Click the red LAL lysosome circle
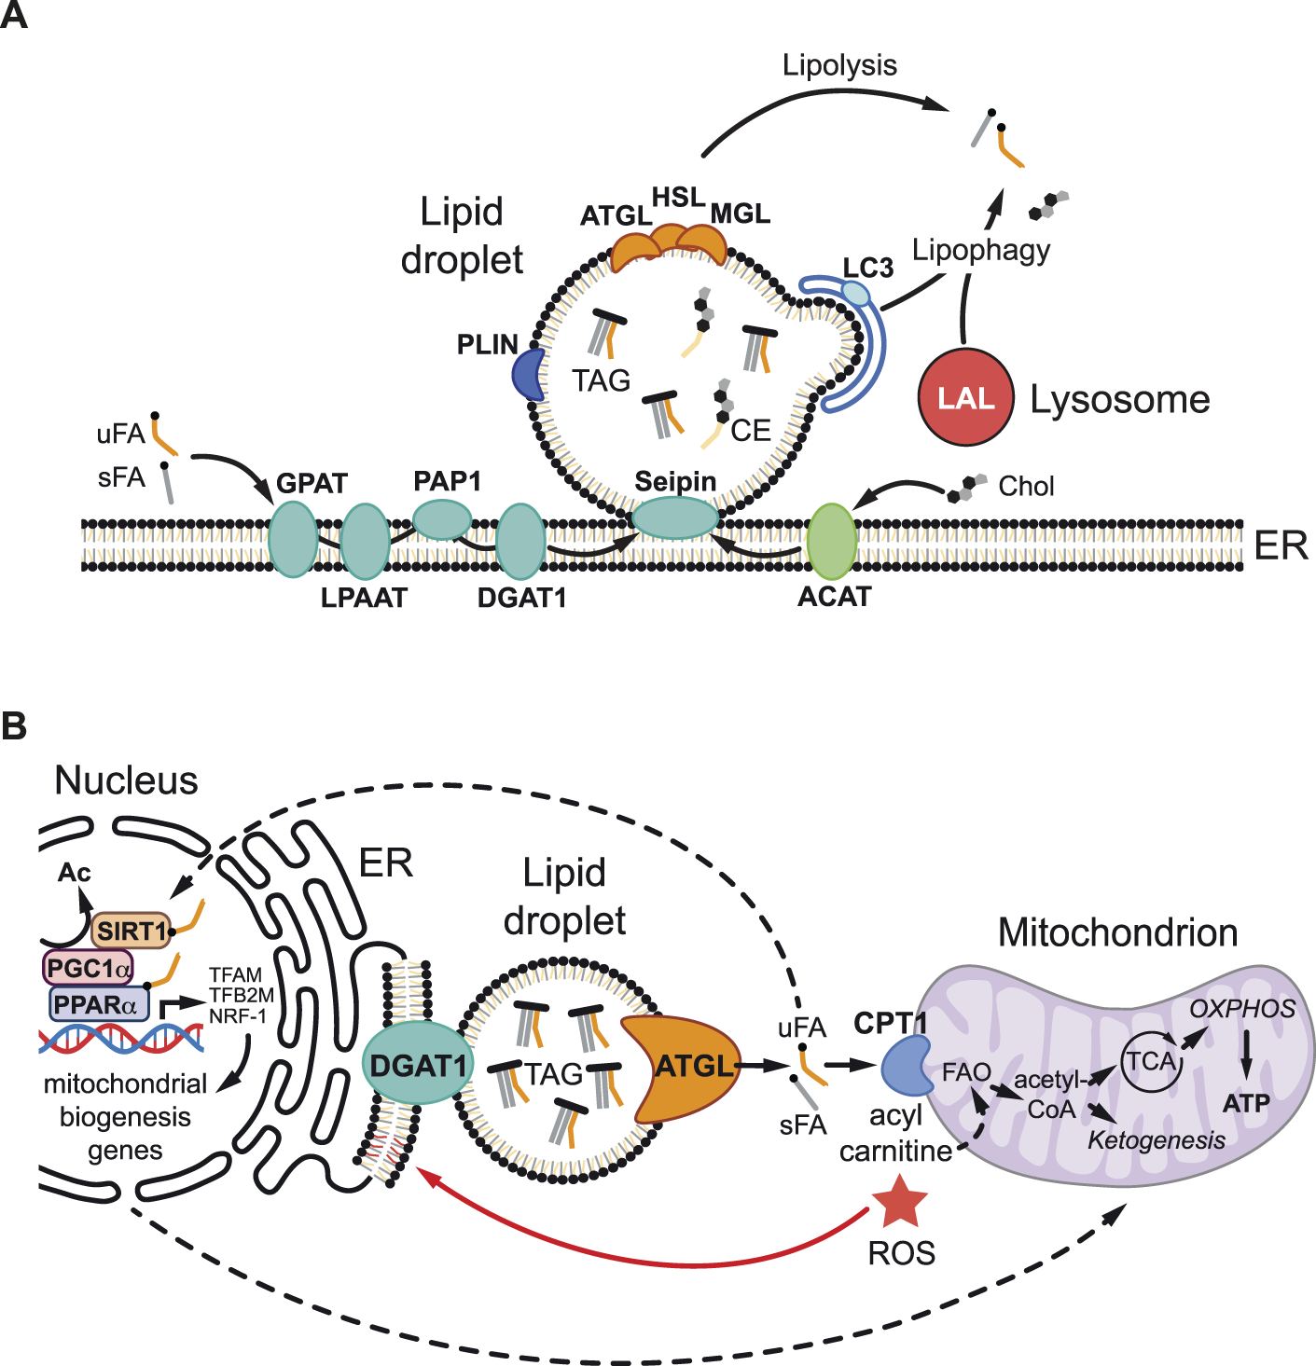point(965,397)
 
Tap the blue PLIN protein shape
point(529,375)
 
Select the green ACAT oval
point(832,541)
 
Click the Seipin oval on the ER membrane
point(675,518)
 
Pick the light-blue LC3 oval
point(856,294)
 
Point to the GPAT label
point(312,484)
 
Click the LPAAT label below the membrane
point(364,598)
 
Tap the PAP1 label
point(448,481)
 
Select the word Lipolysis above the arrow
point(840,66)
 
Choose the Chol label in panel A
point(1026,486)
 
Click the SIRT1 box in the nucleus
point(132,931)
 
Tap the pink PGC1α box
point(88,968)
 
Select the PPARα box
point(99,1004)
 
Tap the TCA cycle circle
point(1152,1062)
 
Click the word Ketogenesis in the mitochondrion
point(1157,1140)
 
